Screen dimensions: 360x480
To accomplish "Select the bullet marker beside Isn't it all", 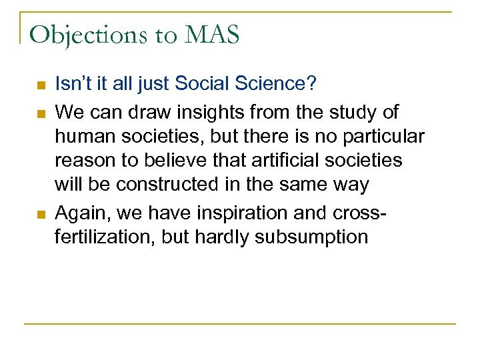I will point(39,86).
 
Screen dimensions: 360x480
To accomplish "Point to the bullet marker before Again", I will point(39,214).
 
